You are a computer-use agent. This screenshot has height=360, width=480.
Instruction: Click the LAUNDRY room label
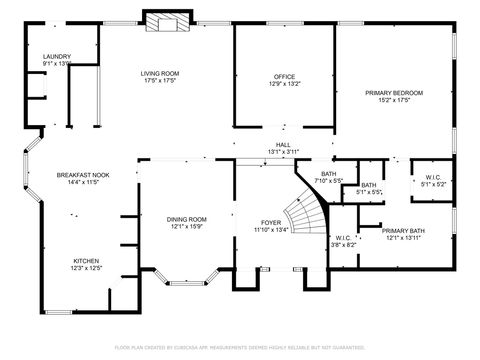57,57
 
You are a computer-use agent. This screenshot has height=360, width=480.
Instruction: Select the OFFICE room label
285,77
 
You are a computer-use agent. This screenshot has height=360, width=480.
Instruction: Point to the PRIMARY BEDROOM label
394,92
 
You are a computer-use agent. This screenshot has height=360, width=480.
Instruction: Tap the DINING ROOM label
187,219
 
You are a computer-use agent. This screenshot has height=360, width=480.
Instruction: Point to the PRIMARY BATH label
406,230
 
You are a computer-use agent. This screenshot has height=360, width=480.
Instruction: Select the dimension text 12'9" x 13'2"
285,84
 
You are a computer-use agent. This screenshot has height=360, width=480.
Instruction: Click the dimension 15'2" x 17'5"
394,99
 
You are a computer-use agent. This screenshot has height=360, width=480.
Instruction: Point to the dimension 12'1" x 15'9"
187,226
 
